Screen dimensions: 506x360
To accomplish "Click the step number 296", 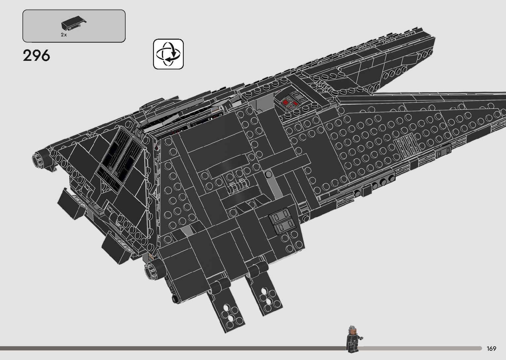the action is (x=36, y=56).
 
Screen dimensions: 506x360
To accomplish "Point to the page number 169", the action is (x=491, y=348).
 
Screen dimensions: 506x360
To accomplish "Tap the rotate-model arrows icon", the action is (x=168, y=54).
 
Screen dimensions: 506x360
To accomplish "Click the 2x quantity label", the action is (x=64, y=35).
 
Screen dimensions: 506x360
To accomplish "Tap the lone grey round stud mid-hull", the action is (x=268, y=174).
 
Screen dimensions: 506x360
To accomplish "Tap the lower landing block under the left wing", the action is (x=114, y=247).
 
